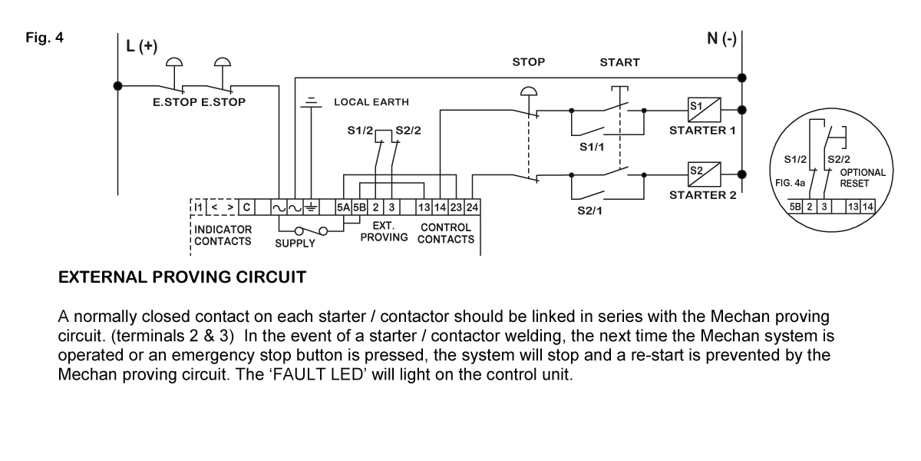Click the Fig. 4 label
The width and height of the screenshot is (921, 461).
point(45,38)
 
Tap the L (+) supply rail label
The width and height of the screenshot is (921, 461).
point(142,46)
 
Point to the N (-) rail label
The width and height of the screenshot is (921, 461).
point(721,38)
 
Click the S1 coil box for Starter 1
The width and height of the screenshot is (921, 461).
point(705,110)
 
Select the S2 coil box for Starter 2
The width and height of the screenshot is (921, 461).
point(705,174)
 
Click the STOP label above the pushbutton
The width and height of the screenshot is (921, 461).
point(528,62)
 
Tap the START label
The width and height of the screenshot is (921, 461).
point(619,62)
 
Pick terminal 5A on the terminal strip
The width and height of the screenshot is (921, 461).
point(343,207)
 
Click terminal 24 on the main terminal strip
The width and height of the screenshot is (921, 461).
point(472,207)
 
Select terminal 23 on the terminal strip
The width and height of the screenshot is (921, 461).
point(456,207)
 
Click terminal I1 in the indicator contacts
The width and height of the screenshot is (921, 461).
point(198,207)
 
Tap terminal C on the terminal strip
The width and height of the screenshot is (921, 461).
point(246,207)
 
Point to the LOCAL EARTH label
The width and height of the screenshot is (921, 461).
point(371,102)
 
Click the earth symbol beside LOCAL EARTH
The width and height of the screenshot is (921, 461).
point(312,102)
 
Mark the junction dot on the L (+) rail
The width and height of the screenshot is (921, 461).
point(118,86)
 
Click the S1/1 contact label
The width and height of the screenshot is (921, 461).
point(592,147)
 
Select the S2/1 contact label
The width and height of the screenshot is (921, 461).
point(589,211)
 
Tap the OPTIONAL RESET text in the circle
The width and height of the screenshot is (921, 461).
point(862,177)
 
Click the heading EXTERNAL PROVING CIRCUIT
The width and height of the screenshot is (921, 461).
point(182,277)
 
